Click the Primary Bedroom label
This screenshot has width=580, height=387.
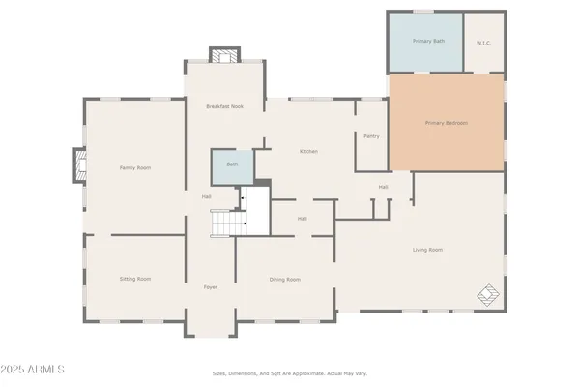[x=447, y=124]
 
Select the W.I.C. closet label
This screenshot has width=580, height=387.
[x=484, y=43]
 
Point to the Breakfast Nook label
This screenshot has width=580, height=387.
[x=224, y=106]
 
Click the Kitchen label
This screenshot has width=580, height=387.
[x=308, y=151]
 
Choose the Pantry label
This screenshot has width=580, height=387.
[x=371, y=136]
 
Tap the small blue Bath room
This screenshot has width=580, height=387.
[x=232, y=165]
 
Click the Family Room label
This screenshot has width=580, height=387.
[x=134, y=168]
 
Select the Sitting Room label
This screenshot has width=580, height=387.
[x=134, y=279]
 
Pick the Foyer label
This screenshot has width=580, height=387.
[x=210, y=287]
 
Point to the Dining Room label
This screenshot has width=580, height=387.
[x=284, y=279]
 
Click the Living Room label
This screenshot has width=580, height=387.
[x=427, y=250]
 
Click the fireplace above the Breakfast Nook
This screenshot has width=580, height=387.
[x=224, y=55]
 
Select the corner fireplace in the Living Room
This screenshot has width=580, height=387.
[x=488, y=293]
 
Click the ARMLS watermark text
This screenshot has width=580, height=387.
[x=35, y=370]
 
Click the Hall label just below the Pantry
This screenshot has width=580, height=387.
[x=384, y=187]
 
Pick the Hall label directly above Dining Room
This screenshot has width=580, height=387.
[x=303, y=219]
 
